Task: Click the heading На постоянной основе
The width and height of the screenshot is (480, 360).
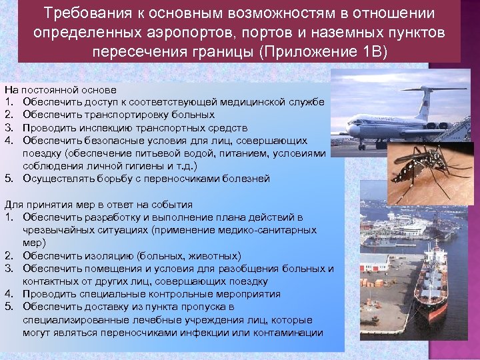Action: point(61,89)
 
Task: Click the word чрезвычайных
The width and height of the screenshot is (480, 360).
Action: point(56,230)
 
